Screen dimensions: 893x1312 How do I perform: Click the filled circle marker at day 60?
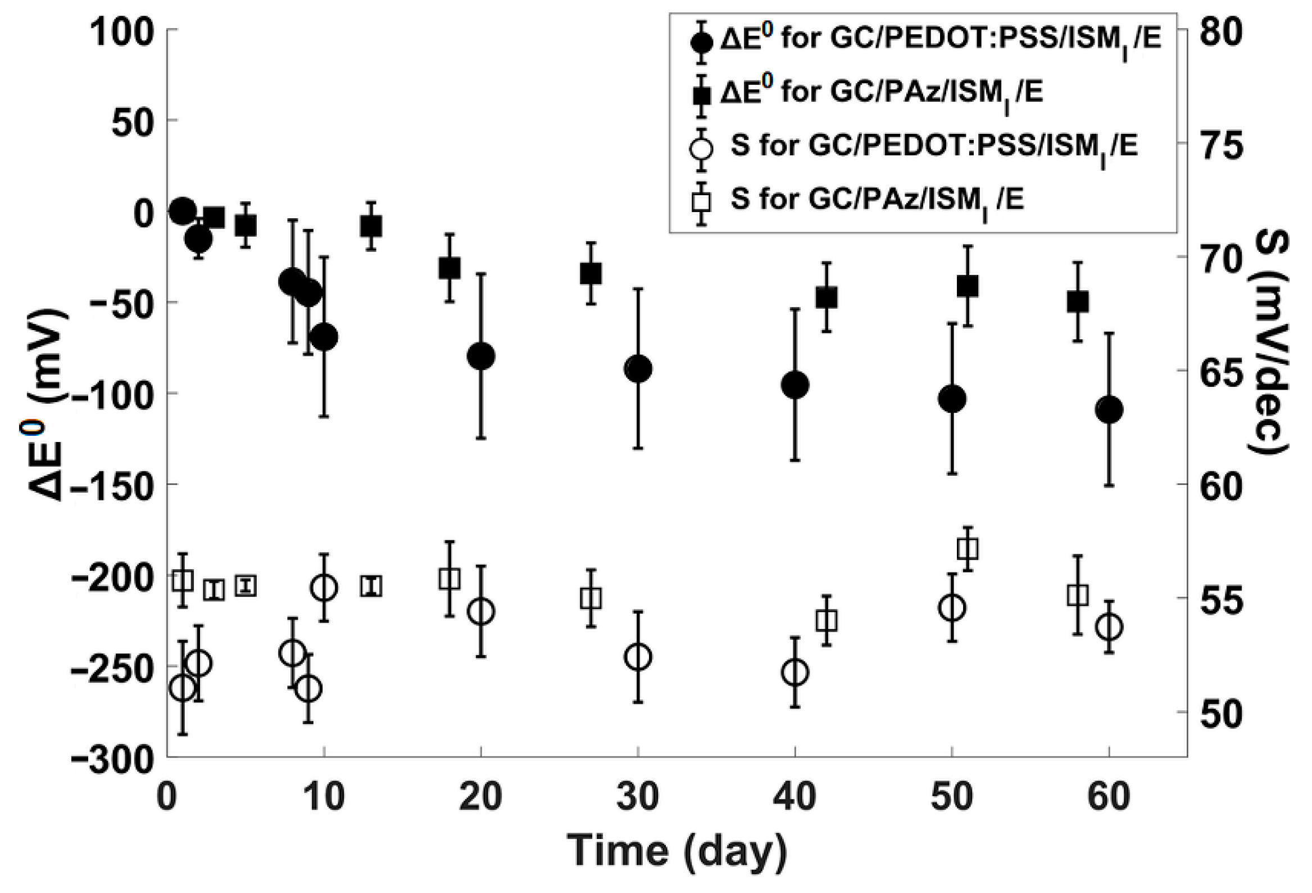pos(1109,409)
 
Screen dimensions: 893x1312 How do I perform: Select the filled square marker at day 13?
pos(371,226)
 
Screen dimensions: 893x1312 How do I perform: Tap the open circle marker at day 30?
pos(638,656)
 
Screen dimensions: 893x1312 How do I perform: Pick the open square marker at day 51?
pos(968,548)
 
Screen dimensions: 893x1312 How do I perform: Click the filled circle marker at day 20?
pos(481,356)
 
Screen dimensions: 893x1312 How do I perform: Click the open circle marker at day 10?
pos(324,588)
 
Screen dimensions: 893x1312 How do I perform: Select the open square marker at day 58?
pos(1078,596)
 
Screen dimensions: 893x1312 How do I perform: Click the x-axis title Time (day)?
pos(677,851)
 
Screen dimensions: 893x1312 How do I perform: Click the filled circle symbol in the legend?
pos(702,43)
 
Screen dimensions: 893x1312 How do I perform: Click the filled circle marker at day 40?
pos(795,385)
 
